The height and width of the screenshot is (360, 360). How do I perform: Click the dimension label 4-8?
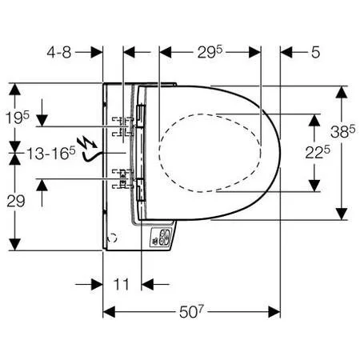click(x=59, y=52)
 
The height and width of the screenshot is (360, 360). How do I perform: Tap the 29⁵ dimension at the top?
click(x=210, y=52)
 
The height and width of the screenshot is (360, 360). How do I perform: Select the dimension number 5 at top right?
click(x=315, y=52)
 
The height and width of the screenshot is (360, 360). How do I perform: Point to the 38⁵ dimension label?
click(x=342, y=131)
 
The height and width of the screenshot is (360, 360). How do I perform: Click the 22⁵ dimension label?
click(x=318, y=153)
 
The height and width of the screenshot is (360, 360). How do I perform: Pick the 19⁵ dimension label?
click(x=18, y=118)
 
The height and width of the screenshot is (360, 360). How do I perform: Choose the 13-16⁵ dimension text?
click(x=51, y=154)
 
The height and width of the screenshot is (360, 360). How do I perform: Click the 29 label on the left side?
click(x=16, y=201)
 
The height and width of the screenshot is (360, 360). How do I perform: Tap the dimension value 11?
click(x=122, y=284)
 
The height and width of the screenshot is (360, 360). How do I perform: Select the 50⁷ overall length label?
click(x=191, y=311)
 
